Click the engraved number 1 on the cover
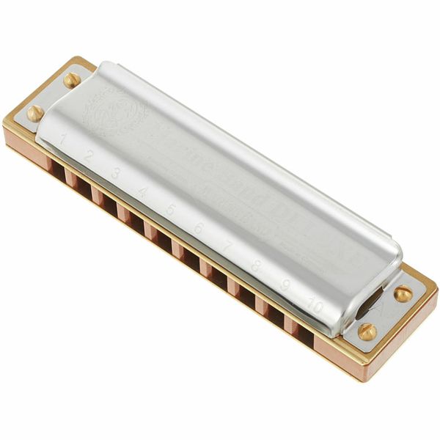coord(65,136)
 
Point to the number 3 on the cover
coord(116,174)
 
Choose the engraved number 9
coord(284,285)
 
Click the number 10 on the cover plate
coord(315,304)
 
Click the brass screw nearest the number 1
coord(34,112)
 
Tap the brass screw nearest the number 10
coord(367,331)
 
